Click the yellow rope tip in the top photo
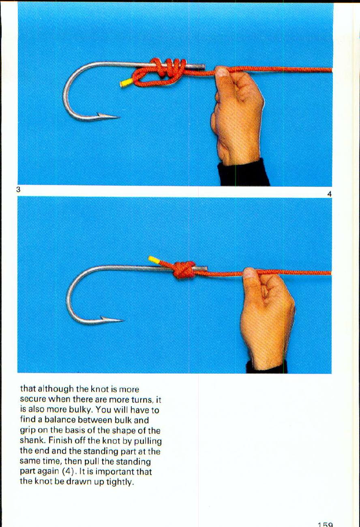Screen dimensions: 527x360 click(126, 83)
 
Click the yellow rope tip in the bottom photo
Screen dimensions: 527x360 click(154, 259)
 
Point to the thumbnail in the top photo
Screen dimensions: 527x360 click(222, 72)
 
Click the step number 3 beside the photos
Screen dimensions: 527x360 click(19, 189)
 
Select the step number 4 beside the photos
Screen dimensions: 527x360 click(329, 194)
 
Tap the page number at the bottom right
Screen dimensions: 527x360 click(325, 524)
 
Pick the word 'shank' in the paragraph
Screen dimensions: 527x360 click(31, 441)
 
